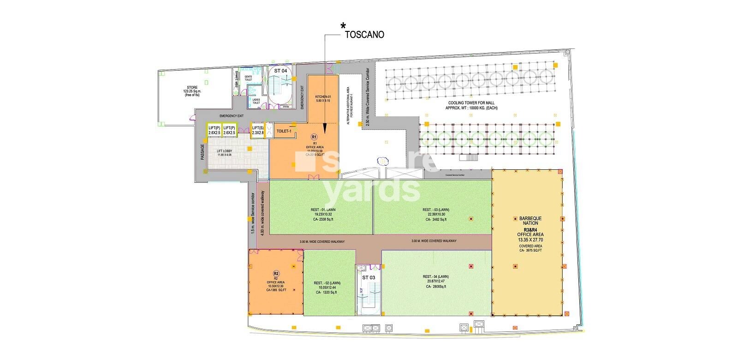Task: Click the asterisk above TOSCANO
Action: click(x=342, y=26)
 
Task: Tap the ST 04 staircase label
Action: click(x=280, y=71)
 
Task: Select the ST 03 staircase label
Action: click(x=368, y=277)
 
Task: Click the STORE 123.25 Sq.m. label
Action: click(x=192, y=90)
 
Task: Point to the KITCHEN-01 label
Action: click(x=324, y=97)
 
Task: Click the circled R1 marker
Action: click(x=314, y=137)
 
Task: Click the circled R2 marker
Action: click(x=276, y=273)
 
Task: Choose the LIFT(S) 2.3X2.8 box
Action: click(x=256, y=130)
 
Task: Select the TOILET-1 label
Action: click(x=284, y=131)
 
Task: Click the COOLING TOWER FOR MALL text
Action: click(x=471, y=103)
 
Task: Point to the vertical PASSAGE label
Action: click(x=202, y=152)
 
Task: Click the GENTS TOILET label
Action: click(x=248, y=78)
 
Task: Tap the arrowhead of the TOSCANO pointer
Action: click(x=325, y=132)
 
